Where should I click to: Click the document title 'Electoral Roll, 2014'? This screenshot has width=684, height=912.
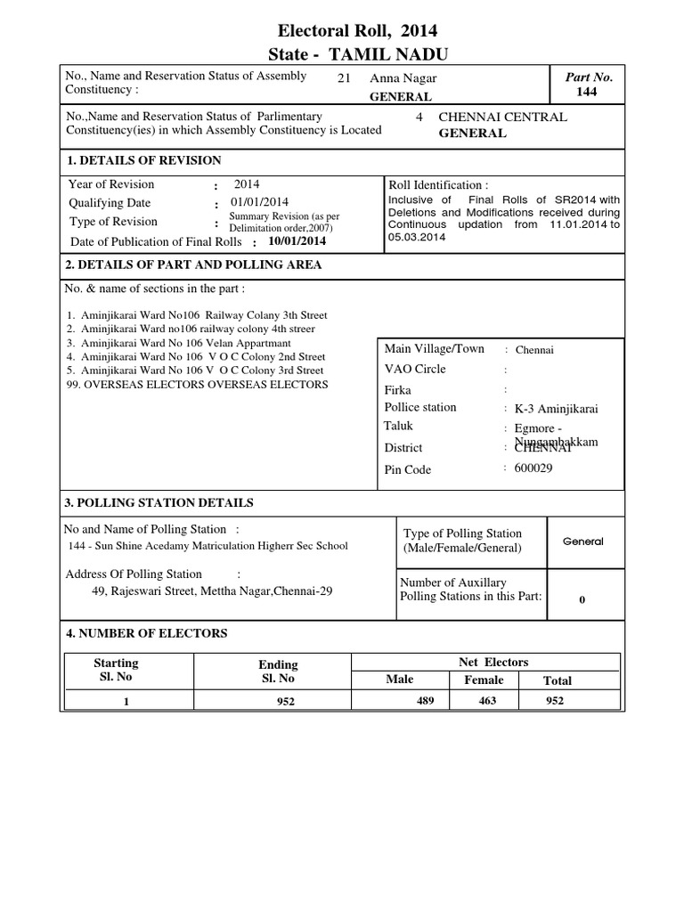coord(355,31)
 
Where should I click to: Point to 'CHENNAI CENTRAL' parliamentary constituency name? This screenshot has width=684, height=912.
coord(502,118)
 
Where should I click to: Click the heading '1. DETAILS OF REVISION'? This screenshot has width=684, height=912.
coord(144,160)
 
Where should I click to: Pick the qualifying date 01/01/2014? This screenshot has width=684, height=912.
coord(261,203)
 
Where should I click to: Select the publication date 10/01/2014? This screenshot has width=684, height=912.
coord(297,241)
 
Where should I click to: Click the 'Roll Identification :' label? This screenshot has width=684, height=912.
coord(438,184)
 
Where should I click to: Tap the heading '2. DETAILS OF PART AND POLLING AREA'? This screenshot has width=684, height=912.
coord(194,265)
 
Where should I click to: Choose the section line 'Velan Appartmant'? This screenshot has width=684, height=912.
coord(185,343)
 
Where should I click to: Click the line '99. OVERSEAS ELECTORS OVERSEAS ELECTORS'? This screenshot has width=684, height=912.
coord(197,385)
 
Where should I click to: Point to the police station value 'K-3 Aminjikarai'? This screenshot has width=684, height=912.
coord(557,409)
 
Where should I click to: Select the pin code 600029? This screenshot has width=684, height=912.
coord(533,468)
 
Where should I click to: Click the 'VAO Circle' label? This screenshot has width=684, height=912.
coord(414,369)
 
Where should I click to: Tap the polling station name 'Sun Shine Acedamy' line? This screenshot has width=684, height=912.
coord(208,546)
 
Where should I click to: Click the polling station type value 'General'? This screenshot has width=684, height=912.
coord(582,541)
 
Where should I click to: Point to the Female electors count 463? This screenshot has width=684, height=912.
coord(484,701)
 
